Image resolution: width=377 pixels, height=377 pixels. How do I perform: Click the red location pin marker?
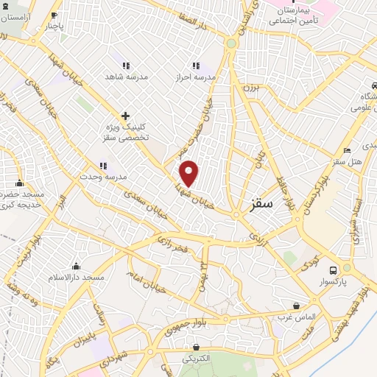[190, 174]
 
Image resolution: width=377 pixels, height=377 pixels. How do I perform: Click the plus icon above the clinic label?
[125, 116]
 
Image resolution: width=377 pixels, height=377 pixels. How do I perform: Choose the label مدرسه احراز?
[195, 77]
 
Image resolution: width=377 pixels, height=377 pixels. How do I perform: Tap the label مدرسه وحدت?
[104, 177]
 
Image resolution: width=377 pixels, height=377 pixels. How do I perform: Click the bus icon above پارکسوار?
[334, 270]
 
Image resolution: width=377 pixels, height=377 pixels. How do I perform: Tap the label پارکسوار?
[334, 281]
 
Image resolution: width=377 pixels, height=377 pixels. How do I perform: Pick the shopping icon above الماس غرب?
[296, 306]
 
